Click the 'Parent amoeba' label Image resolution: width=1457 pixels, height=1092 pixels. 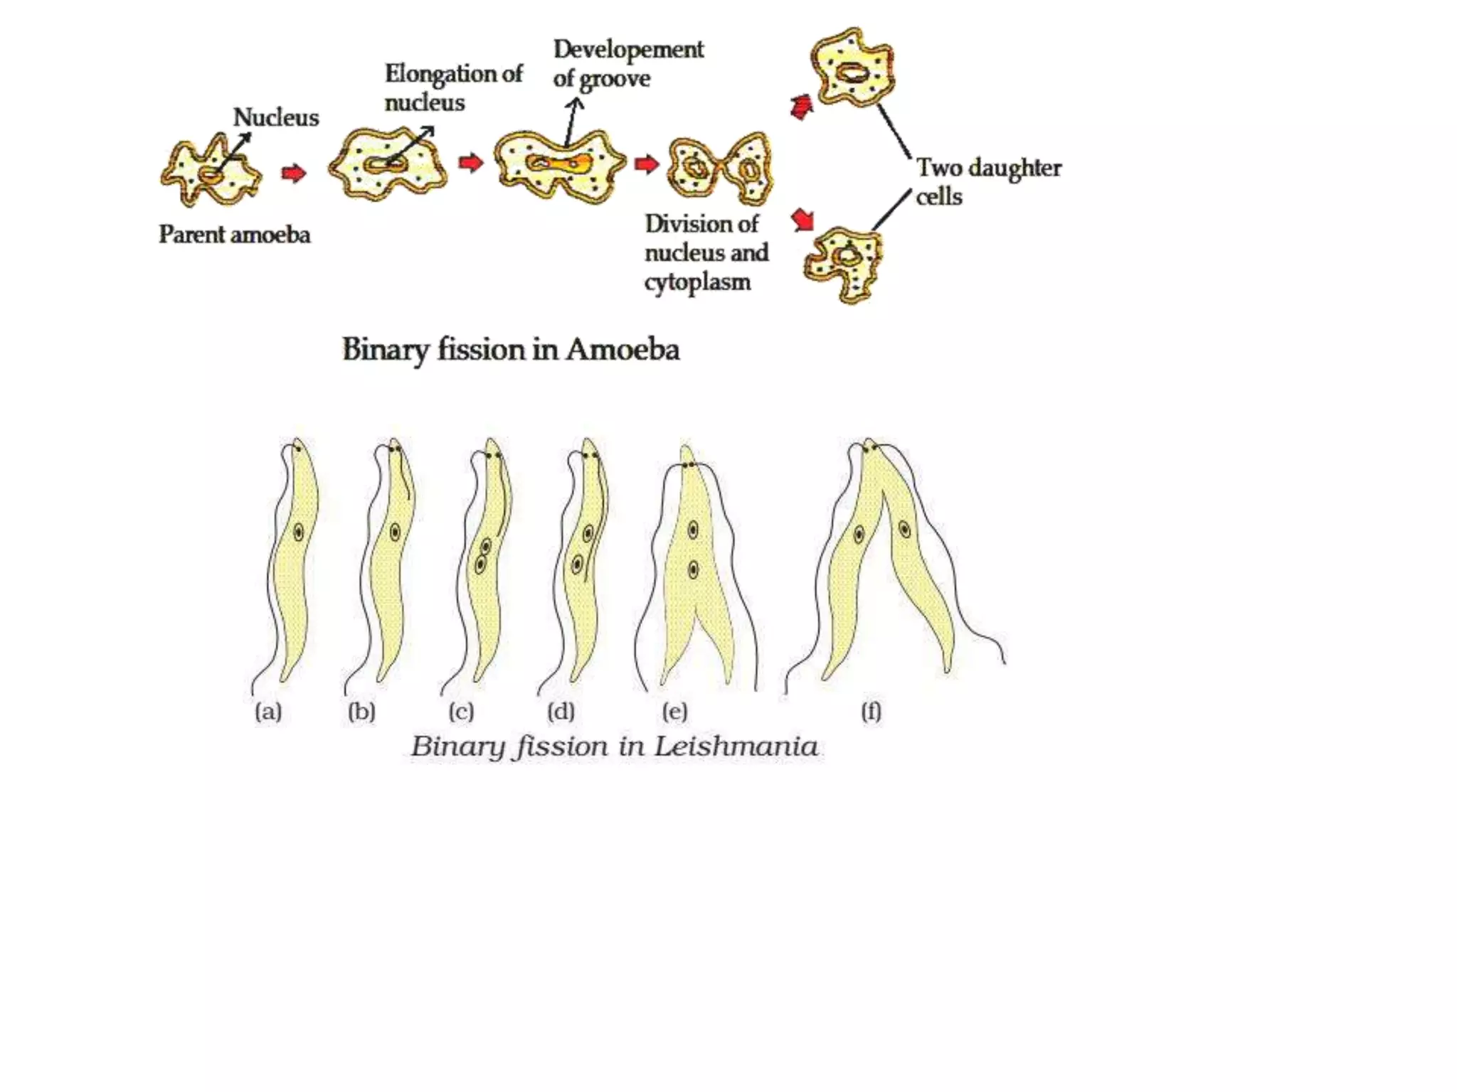click(x=234, y=235)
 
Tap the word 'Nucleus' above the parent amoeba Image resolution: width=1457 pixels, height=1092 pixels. click(x=276, y=117)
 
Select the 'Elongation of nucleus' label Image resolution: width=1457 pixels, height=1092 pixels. click(x=453, y=87)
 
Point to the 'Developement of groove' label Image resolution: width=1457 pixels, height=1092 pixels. click(x=627, y=64)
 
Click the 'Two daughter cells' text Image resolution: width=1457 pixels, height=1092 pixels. click(x=987, y=181)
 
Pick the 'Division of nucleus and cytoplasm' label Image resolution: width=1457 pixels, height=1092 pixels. click(x=706, y=252)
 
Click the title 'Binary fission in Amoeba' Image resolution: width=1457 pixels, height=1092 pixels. click(x=510, y=350)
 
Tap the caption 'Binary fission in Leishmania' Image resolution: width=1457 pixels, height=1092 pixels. click(x=614, y=746)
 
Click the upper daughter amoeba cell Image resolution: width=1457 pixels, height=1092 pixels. click(x=852, y=69)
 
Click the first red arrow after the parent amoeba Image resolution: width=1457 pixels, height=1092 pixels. click(x=293, y=173)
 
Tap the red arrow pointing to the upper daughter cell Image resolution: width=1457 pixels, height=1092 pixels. click(x=802, y=107)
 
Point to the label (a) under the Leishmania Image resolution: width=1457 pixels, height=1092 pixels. click(x=268, y=712)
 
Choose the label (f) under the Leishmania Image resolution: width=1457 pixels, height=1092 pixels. click(x=871, y=712)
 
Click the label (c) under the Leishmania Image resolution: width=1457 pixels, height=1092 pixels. click(x=461, y=712)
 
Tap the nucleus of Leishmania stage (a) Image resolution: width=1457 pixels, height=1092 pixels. click(x=298, y=532)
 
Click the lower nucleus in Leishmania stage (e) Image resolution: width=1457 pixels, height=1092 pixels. click(x=693, y=569)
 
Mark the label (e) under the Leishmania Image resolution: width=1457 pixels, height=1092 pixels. click(x=674, y=712)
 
